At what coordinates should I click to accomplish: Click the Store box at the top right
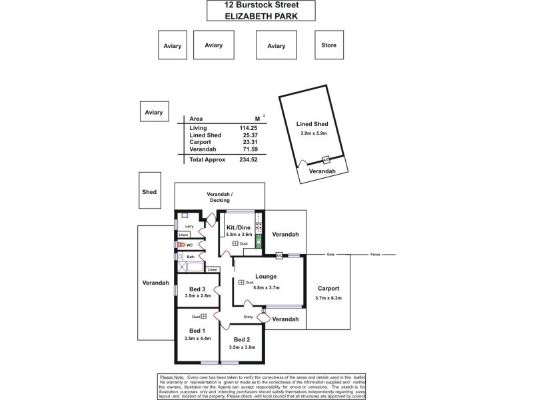coord(328,45)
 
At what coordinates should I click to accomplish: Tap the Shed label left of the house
coord(149,192)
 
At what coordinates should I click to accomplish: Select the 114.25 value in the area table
coord(248,127)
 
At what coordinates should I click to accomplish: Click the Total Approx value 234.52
coord(248,160)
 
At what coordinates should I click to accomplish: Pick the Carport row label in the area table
coord(200,142)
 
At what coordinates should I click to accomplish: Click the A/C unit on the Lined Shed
coord(326,160)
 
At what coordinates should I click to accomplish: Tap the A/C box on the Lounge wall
coord(278,255)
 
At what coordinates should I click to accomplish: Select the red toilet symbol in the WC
coord(179,245)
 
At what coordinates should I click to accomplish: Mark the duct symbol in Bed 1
coord(204,317)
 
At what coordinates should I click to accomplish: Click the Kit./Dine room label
coord(239,227)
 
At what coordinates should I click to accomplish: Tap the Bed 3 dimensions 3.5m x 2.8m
coord(197,296)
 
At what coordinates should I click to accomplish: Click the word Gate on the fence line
coord(330,254)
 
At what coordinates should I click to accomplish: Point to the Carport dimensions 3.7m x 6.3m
coord(328,298)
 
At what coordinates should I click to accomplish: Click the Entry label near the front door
coord(248,317)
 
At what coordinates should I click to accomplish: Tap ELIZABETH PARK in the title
coord(261,15)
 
